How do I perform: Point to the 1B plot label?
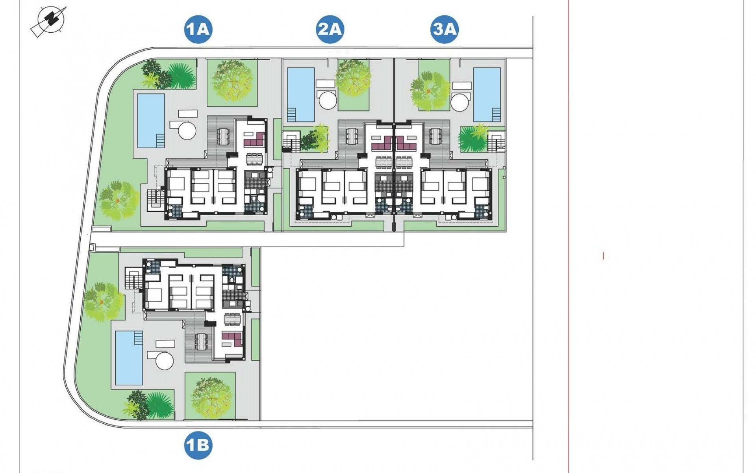pyautogui.click(x=198, y=446)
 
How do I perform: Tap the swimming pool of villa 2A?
pyautogui.click(x=301, y=94)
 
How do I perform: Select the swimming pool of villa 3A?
pyautogui.click(x=487, y=94)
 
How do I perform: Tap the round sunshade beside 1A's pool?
pyautogui.click(x=186, y=129)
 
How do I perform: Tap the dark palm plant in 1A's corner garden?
pyautogui.click(x=181, y=76)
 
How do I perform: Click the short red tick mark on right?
pyautogui.click(x=603, y=256)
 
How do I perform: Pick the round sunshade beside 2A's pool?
pyautogui.click(x=328, y=101)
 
